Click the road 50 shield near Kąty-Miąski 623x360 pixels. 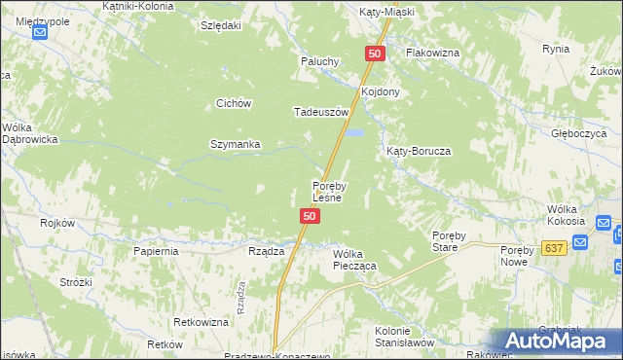(x=376, y=54)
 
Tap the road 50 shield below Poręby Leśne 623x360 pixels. (x=309, y=216)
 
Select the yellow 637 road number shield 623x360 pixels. (x=555, y=248)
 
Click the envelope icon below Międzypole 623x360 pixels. (x=40, y=32)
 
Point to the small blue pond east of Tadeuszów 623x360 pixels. (x=357, y=132)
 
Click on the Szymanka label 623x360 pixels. (x=235, y=144)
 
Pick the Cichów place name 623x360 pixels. (x=235, y=103)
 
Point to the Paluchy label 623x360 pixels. (x=318, y=60)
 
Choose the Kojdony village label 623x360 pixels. (x=381, y=91)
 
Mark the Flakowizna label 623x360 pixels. (x=432, y=52)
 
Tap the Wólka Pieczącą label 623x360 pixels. (x=354, y=258)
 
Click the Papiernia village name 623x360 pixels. (x=156, y=250)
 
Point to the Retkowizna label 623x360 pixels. (x=201, y=321)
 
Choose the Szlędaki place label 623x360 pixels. (x=220, y=26)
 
